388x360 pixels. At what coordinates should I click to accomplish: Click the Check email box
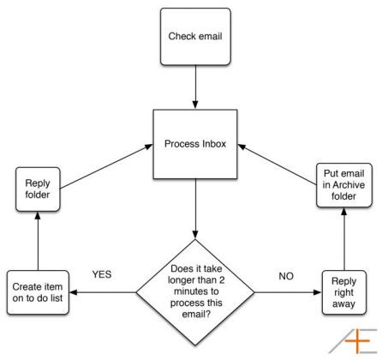pyautogui.click(x=195, y=37)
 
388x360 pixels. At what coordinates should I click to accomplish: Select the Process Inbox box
pyautogui.click(x=195, y=144)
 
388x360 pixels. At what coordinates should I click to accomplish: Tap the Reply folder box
pyautogui.click(x=38, y=189)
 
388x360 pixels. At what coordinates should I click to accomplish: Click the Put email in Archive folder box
pyautogui.click(x=344, y=185)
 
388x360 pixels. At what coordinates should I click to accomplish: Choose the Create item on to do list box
pyautogui.click(x=38, y=292)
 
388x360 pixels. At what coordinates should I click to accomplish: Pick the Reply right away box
pyautogui.click(x=344, y=292)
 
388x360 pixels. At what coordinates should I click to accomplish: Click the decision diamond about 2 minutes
pyautogui.click(x=195, y=292)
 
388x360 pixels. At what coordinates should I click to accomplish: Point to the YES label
pyautogui.click(x=102, y=274)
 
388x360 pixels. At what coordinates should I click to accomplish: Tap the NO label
pyautogui.click(x=286, y=276)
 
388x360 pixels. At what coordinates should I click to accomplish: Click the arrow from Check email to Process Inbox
pyautogui.click(x=195, y=87)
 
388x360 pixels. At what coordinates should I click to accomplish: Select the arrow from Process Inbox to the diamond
pyautogui.click(x=195, y=209)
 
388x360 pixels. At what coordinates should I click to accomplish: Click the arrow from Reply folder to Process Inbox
pyautogui.click(x=106, y=166)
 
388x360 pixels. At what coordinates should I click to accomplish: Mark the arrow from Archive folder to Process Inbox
pyautogui.click(x=278, y=165)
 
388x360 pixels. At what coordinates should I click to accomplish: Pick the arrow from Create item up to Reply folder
pyautogui.click(x=38, y=241)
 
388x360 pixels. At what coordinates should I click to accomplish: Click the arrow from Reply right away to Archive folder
pyautogui.click(x=344, y=239)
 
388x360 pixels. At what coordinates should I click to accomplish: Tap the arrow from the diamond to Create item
pyautogui.click(x=103, y=292)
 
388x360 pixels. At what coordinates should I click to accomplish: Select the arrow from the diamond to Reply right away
pyautogui.click(x=288, y=292)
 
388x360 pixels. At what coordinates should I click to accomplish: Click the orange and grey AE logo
pyautogui.click(x=354, y=341)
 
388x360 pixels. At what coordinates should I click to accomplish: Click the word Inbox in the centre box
pyautogui.click(x=214, y=144)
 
